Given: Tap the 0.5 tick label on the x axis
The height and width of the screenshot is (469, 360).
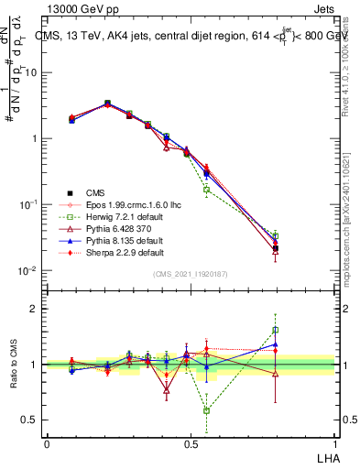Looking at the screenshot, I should point(191,442).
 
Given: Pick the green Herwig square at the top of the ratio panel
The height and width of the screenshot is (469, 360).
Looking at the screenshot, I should point(275,330).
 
